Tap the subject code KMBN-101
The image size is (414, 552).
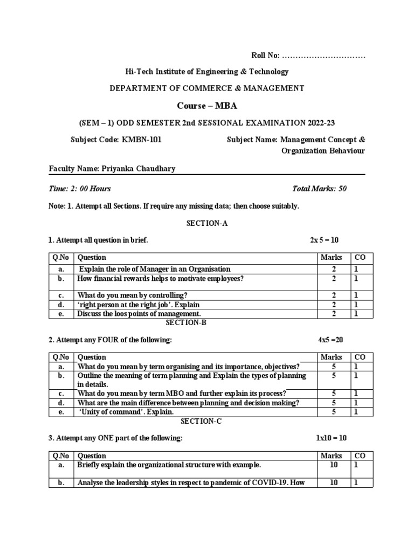(x=141, y=140)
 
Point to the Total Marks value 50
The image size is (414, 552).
(x=342, y=189)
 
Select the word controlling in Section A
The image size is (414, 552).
(x=164, y=295)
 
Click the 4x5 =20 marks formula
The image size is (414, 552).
(x=334, y=340)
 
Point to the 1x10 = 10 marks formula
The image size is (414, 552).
(x=335, y=438)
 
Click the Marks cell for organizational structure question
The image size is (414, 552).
(x=334, y=465)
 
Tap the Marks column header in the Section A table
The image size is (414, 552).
(x=332, y=258)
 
